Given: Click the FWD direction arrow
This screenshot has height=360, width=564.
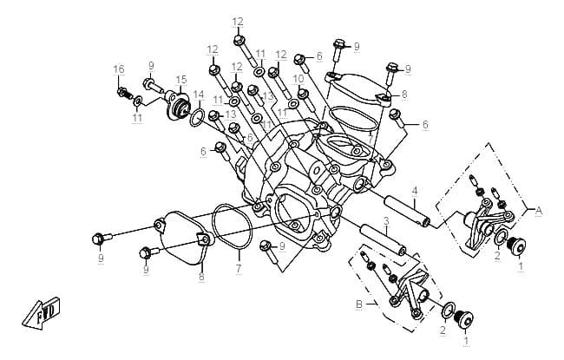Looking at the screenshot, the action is [41, 313].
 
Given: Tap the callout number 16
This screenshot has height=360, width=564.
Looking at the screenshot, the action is [119, 69].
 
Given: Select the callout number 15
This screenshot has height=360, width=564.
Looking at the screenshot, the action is [181, 80].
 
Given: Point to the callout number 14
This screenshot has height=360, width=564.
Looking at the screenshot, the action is [198, 95].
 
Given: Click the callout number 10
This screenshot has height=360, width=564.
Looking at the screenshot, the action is [298, 78].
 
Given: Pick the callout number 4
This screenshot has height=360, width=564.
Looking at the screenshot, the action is [415, 191].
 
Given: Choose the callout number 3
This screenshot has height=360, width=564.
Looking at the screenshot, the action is [386, 221].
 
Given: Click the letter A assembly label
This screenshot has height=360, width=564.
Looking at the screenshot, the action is [538, 211].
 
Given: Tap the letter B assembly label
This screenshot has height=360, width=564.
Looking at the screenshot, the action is [359, 304].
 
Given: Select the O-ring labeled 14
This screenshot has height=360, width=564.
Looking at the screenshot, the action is [197, 118].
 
